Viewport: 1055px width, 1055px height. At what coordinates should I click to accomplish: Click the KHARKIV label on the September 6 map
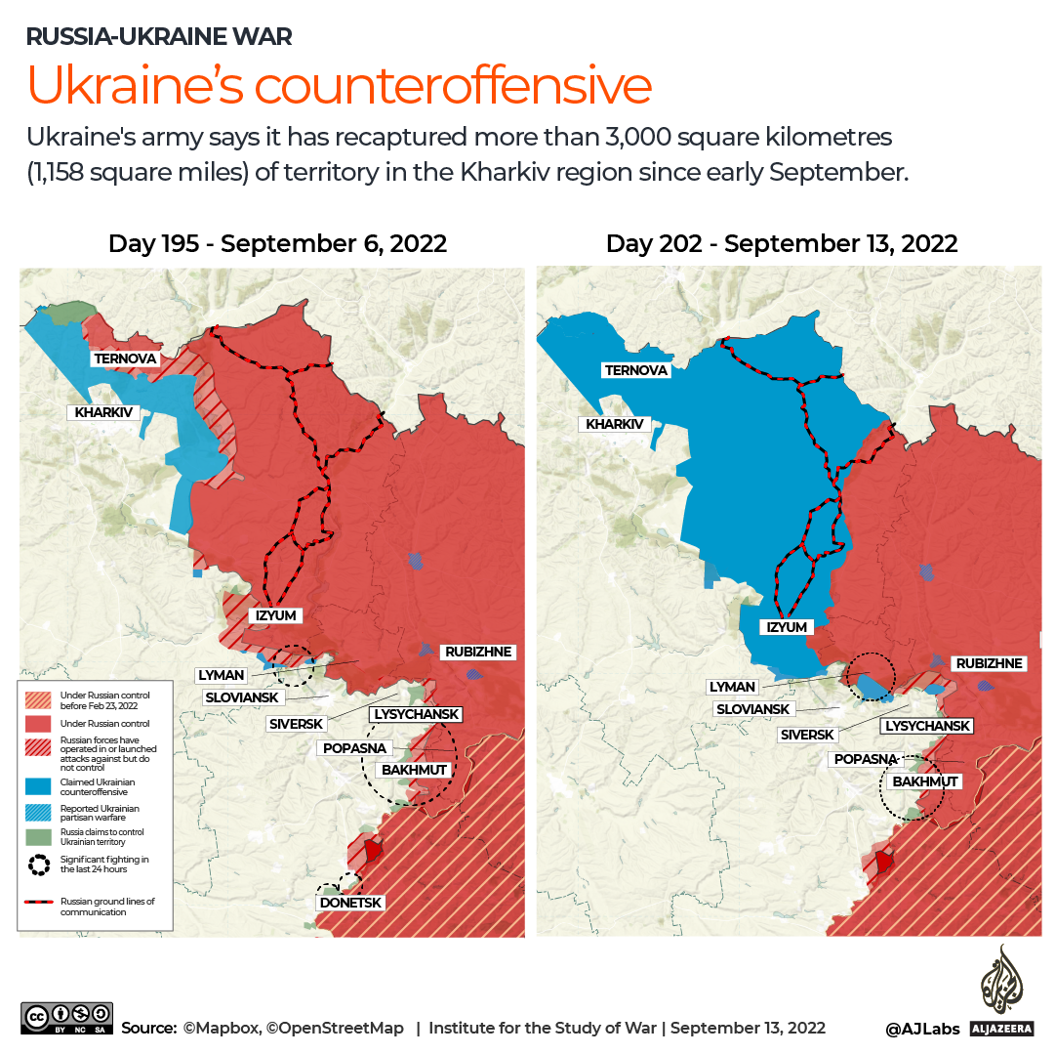point(103,412)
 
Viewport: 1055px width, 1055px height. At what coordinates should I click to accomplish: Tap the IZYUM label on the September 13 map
point(787,627)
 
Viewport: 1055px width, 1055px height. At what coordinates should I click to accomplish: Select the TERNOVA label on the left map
point(125,359)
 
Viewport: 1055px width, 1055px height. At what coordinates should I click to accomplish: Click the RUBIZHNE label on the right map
point(988,663)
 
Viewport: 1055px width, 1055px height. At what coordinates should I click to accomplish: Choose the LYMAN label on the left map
point(221,675)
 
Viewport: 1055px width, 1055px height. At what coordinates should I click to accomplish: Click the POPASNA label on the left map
point(353,748)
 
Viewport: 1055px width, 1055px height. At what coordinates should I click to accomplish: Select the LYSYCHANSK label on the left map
point(417,715)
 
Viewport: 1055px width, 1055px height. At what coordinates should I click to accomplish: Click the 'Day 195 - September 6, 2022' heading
point(277,243)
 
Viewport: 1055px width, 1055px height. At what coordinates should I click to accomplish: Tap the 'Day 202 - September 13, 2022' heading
point(781,243)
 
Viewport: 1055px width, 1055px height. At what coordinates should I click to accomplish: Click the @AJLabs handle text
point(922,1029)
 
